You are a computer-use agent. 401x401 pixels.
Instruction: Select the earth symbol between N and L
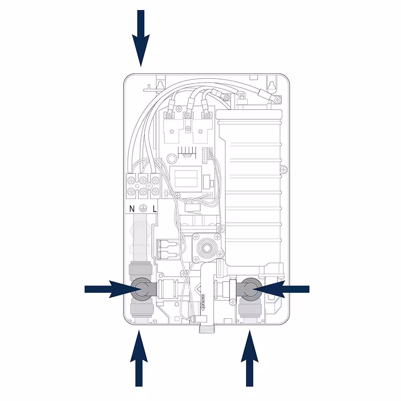pyautogui.click(x=143, y=208)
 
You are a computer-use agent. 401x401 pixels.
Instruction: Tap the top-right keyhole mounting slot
pyautogui.click(x=272, y=85)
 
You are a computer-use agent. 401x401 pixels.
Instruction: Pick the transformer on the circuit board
pyautogui.click(x=184, y=177)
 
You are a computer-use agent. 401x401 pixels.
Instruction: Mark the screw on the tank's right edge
pyautogui.click(x=284, y=170)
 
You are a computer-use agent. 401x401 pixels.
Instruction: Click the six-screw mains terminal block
pyautogui.click(x=143, y=185)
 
